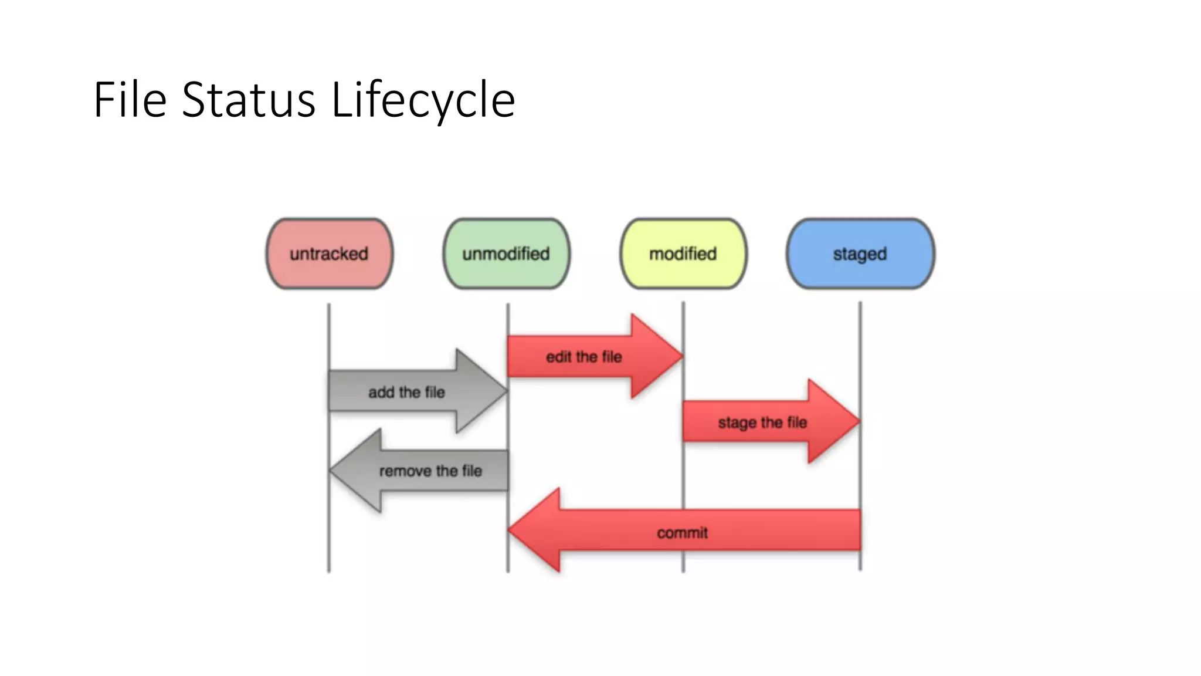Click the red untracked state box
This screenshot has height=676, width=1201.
point(330,253)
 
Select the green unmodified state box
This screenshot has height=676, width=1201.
point(506,253)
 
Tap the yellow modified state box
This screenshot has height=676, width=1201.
point(683,253)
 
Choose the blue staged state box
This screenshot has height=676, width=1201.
point(860,253)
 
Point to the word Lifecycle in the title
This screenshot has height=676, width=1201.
point(423,100)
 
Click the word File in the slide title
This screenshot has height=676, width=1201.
point(130,100)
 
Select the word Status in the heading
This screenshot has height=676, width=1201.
point(249,100)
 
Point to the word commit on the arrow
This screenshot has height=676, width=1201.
point(682,533)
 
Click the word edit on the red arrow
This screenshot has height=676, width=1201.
point(558,357)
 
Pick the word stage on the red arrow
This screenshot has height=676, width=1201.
point(737,422)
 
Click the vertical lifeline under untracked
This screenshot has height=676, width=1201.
point(329,329)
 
